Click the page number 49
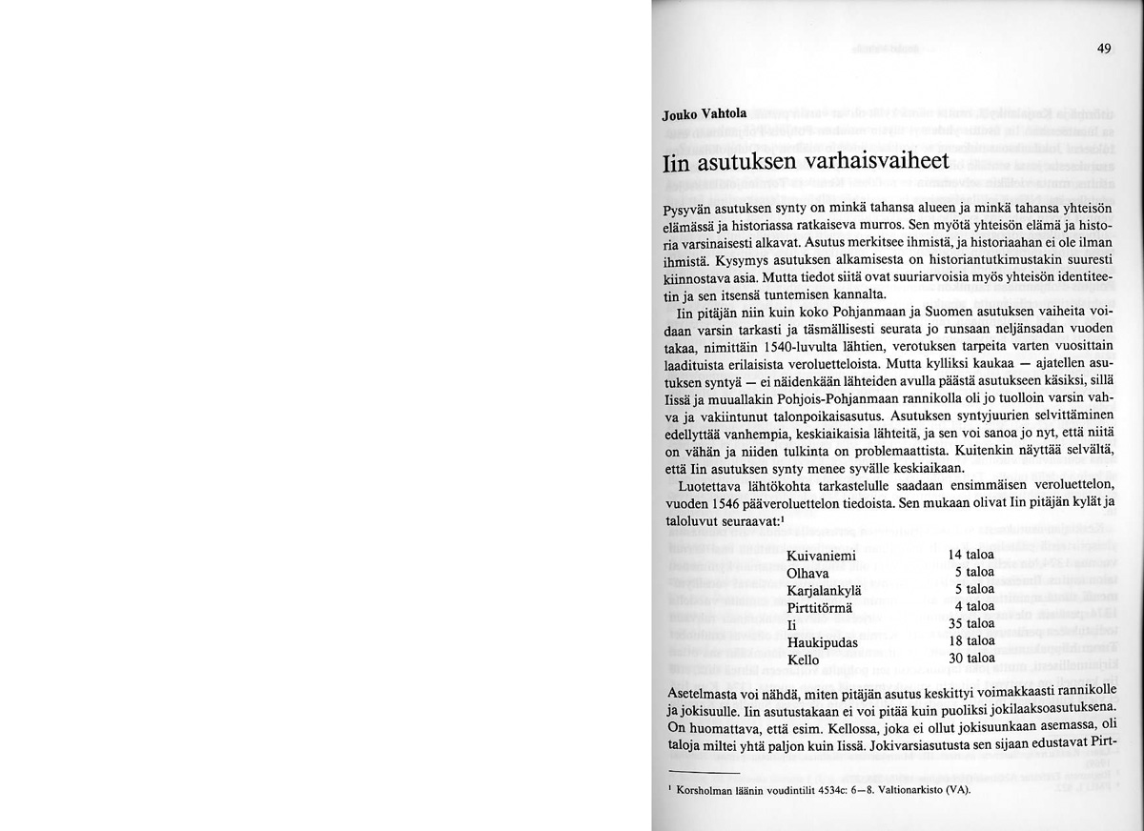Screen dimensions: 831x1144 click(1104, 51)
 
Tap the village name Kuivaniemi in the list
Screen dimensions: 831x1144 click(822, 556)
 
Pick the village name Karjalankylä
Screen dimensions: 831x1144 click(825, 591)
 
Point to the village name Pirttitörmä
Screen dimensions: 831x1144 click(823, 608)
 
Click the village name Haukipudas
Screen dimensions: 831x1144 click(822, 642)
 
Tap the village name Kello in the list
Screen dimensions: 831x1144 click(804, 659)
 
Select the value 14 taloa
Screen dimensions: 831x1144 click(971, 555)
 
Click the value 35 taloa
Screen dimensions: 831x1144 click(971, 624)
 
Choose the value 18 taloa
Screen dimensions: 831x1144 click(971, 641)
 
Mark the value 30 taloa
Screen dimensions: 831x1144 click(971, 658)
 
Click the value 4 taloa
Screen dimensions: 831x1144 click(974, 606)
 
